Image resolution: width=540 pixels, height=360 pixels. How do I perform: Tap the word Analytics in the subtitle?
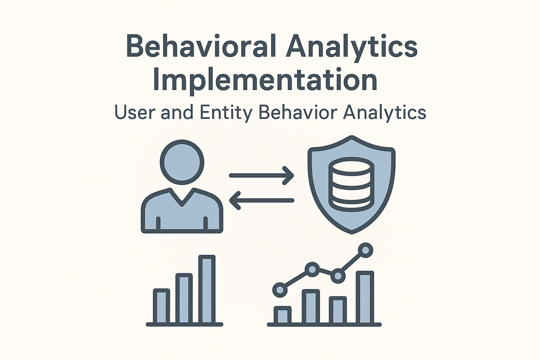(x=384, y=112)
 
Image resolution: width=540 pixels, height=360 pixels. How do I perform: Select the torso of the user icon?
(x=182, y=211)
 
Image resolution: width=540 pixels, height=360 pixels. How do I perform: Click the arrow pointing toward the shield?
(x=262, y=176)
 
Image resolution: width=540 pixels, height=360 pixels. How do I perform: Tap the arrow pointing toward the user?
(x=262, y=200)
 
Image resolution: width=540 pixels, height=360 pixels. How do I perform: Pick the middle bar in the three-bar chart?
(x=184, y=298)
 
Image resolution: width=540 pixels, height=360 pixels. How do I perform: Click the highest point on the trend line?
(x=366, y=249)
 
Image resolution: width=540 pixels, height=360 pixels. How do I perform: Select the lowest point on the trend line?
(x=279, y=290)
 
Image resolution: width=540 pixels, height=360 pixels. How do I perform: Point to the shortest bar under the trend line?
(x=282, y=314)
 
